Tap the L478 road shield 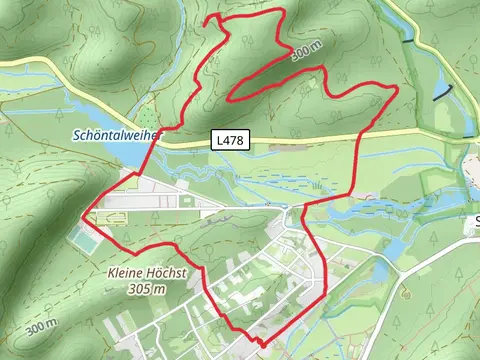tap(226, 142)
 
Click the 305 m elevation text tap(146, 288)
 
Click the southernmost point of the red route tap(262, 344)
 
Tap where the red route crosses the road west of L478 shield tap(156, 143)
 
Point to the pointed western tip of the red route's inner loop tap(232, 98)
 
